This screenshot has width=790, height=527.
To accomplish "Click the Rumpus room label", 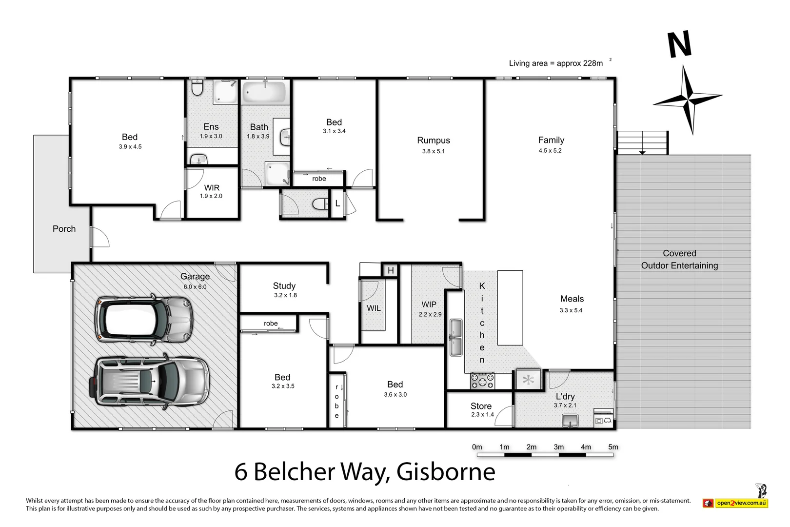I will tap(433, 141).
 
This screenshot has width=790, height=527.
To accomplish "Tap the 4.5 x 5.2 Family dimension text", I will tap(550, 151).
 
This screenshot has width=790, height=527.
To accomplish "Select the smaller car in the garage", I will tap(144, 320).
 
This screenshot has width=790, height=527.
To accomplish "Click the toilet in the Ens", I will tap(197, 88).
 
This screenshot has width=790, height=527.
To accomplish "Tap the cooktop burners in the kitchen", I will tap(482, 381).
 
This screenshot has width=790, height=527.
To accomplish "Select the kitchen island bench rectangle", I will tap(510, 308).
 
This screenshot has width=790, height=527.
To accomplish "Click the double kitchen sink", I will tap(455, 337).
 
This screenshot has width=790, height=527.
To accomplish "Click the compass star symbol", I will tap(688, 100).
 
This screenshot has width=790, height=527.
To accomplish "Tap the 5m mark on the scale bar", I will tap(612, 447).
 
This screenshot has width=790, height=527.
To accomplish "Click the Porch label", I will tap(64, 229).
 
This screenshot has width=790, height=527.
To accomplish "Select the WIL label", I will tap(374, 308).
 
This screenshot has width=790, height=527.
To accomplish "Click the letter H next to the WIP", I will tap(391, 270).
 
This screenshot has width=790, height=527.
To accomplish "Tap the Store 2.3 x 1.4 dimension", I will tap(482, 415).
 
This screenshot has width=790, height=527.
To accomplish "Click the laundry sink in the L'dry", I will tap(570, 420).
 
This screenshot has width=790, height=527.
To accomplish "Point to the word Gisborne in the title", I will tap(446, 471).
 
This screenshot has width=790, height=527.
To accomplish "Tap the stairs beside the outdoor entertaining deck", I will tap(642, 142).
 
